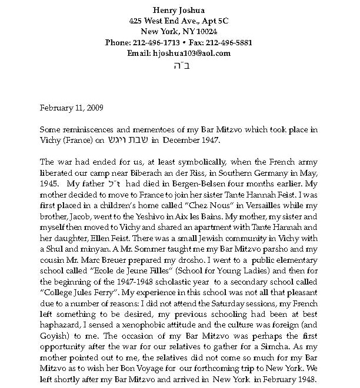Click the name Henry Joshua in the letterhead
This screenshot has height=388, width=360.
[x=180, y=9]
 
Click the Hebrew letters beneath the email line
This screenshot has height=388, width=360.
[x=180, y=65]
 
